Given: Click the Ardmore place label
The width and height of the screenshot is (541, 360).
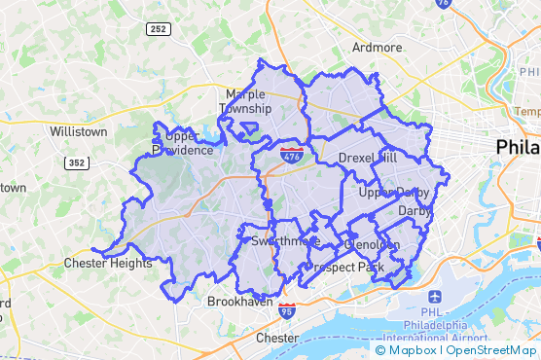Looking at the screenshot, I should [377, 47].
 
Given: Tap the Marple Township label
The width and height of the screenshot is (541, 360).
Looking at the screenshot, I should [245, 101].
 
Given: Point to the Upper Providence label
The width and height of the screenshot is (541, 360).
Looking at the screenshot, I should [182, 143].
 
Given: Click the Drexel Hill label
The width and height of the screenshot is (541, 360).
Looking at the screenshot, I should [368, 158].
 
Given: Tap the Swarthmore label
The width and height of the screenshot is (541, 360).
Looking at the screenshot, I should [285, 240].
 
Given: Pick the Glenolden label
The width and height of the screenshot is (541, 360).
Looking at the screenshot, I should [372, 245].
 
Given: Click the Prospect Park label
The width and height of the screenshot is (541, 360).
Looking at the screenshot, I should [343, 266].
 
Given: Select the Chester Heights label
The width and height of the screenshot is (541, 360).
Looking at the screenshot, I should [108, 263].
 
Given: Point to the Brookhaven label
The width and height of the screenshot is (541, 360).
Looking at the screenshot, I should [239, 302].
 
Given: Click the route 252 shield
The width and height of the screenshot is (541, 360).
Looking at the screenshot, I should [159, 30].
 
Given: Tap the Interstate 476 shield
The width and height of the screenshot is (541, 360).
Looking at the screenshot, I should [291, 156].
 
